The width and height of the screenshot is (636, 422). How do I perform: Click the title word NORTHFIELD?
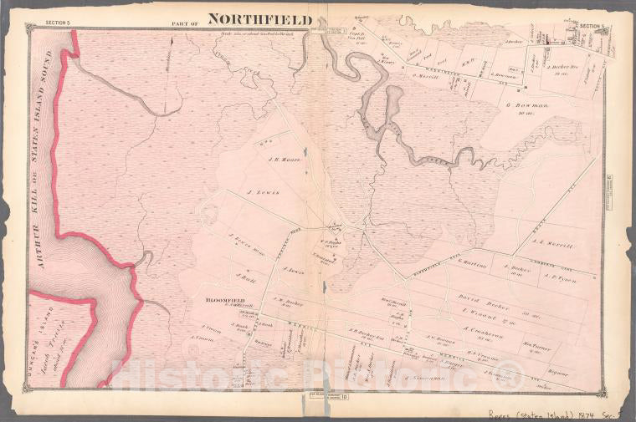(259, 18)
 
